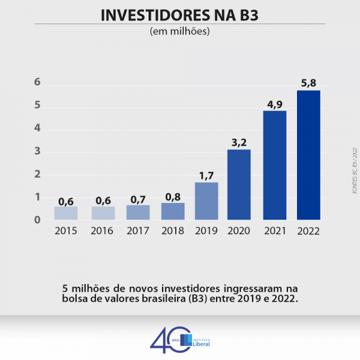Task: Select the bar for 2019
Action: pyautogui.click(x=206, y=200)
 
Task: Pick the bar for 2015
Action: pyautogui.click(x=66, y=213)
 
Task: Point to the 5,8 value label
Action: pyautogui.click(x=308, y=83)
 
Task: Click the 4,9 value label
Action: pyautogui.click(x=274, y=104)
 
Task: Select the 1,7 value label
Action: pyautogui.click(x=206, y=175)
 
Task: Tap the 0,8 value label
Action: pyautogui.click(x=172, y=196)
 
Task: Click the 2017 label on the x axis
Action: pyautogui.click(x=138, y=230)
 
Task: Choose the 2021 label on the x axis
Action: pyautogui.click(x=274, y=230)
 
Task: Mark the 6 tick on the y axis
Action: pyautogui.click(x=37, y=82)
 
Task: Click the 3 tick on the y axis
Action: pyautogui.click(x=37, y=151)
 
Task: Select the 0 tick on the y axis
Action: pyautogui.click(x=37, y=220)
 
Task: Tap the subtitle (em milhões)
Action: pyautogui.click(x=179, y=31)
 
